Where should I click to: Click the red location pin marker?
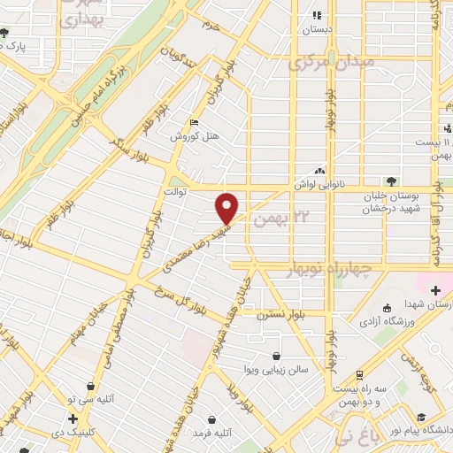click(x=227, y=208)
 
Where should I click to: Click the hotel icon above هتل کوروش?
click(x=195, y=124)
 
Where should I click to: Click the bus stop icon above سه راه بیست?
click(x=360, y=376)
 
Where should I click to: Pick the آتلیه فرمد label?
click(x=212, y=433)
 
